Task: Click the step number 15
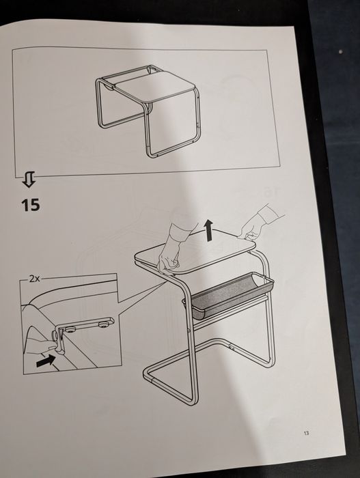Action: click(x=31, y=205)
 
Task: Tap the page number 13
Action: click(x=305, y=433)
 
